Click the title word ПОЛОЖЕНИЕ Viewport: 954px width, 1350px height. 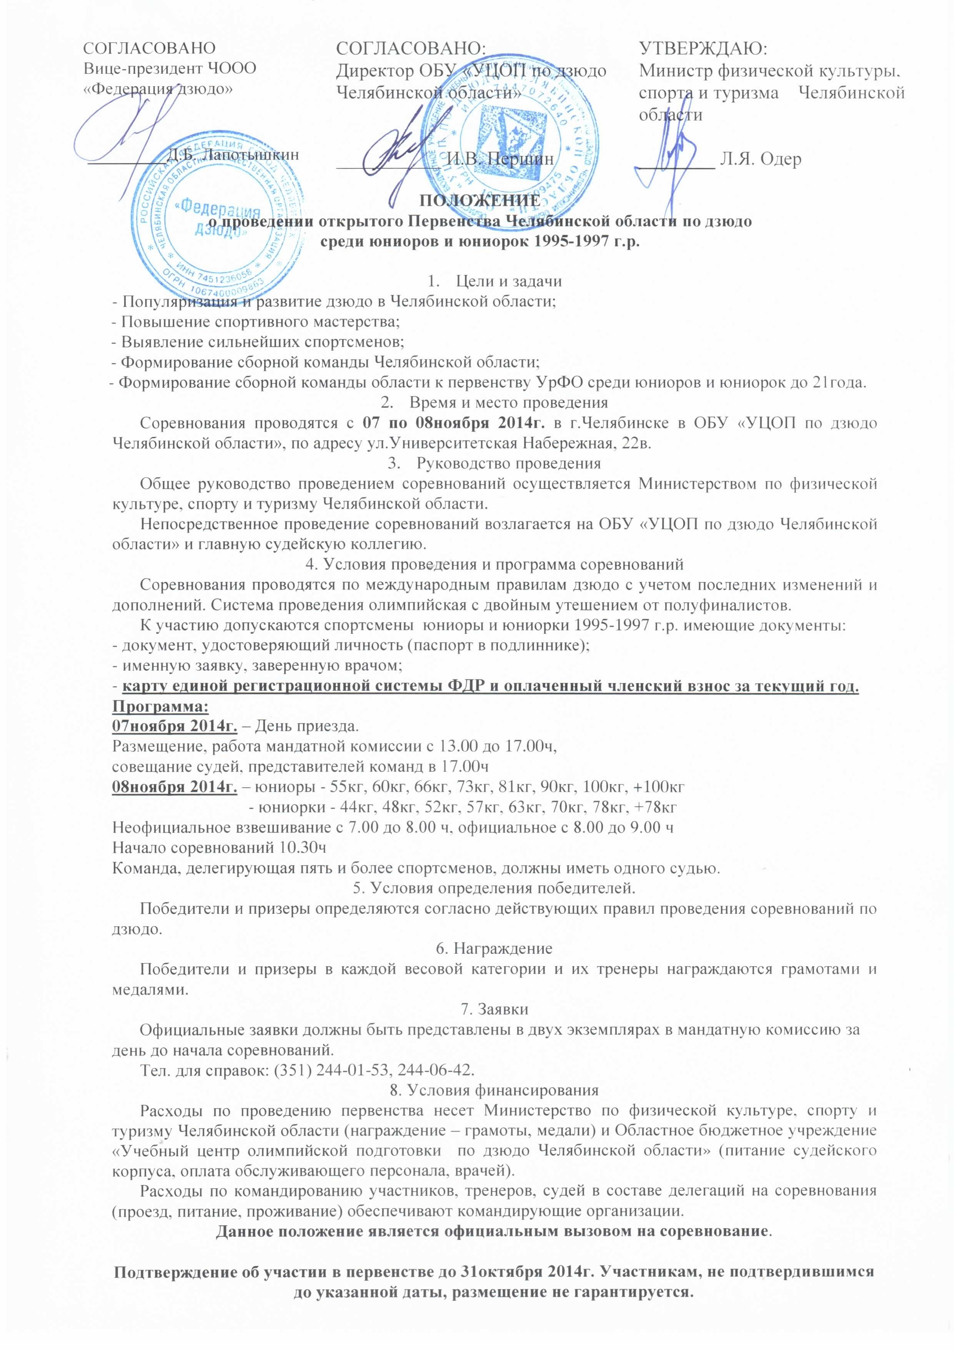click(x=479, y=200)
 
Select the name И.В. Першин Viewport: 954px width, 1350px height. click(x=500, y=159)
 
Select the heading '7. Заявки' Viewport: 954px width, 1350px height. click(x=494, y=1010)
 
